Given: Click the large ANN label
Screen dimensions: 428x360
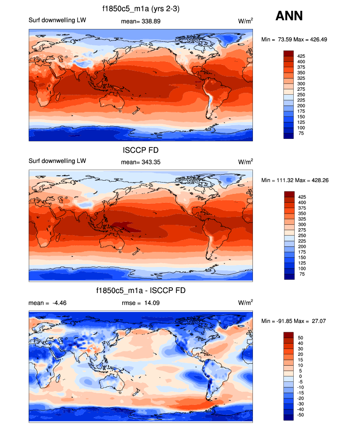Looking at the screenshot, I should click(x=289, y=16).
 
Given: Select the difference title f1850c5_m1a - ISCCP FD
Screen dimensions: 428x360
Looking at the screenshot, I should click(x=141, y=291).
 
